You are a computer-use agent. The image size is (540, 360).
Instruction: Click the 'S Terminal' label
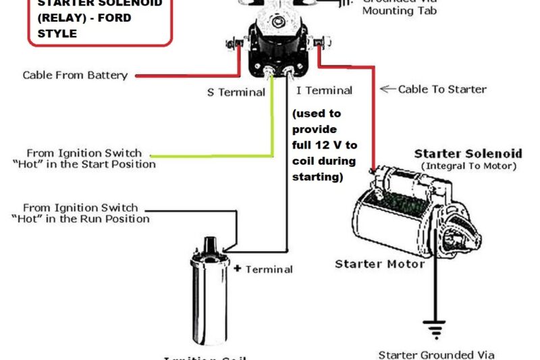click(236, 92)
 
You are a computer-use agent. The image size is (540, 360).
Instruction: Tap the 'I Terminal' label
click(324, 91)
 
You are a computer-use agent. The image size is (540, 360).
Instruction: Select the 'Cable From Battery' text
click(75, 75)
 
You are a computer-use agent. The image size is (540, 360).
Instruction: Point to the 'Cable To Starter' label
click(442, 88)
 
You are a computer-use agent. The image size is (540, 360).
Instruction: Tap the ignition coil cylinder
click(210, 294)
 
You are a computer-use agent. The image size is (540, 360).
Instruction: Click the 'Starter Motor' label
click(379, 263)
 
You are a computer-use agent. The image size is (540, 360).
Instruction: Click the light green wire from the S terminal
click(273, 128)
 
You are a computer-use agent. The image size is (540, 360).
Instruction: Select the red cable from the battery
click(189, 76)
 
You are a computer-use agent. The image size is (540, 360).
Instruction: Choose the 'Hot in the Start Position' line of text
click(83, 164)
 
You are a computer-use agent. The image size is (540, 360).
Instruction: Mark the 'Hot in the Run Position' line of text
click(80, 219)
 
